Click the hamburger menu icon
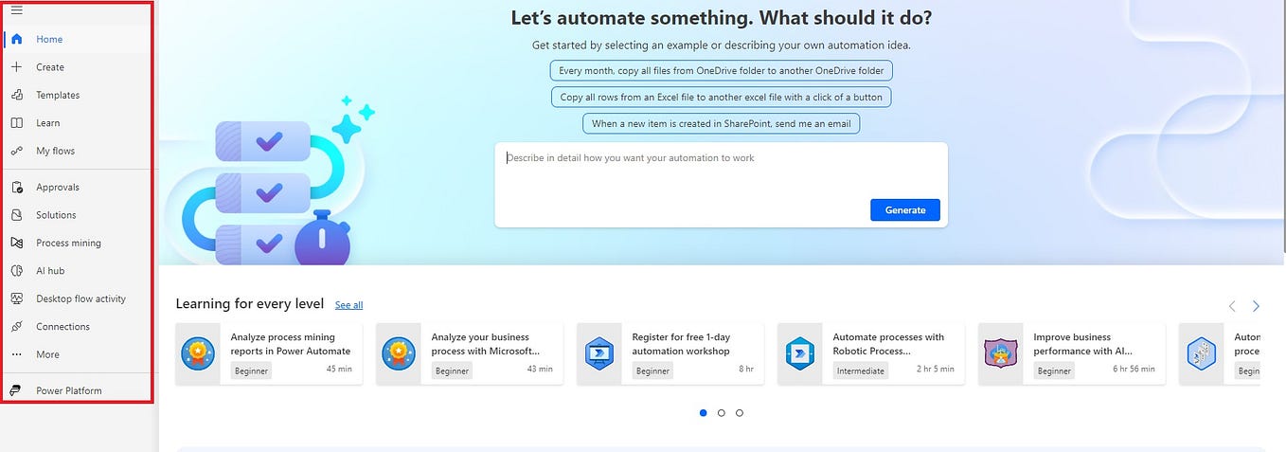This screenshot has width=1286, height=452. tap(17, 10)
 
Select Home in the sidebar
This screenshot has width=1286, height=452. tap(49, 39)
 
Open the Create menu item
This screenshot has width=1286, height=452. tap(50, 67)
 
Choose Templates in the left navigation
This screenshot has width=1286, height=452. tap(58, 95)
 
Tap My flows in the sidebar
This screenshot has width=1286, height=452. tap(55, 151)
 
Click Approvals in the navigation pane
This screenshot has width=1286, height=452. tap(58, 188)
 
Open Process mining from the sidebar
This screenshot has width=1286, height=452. tap(68, 243)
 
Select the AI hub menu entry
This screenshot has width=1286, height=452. tap(50, 270)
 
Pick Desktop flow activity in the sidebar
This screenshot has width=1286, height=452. tap(80, 298)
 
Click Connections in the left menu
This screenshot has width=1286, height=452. tap(63, 326)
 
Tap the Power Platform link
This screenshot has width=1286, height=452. tap(68, 390)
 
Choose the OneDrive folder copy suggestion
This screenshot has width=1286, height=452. tap(721, 71)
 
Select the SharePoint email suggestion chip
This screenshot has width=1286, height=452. tap(721, 123)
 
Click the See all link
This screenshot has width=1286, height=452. tap(349, 305)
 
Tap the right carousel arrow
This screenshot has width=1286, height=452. tap(1256, 306)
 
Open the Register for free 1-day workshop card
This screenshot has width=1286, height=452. tap(670, 353)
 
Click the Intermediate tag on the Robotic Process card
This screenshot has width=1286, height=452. tap(860, 371)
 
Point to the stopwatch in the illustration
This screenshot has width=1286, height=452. tap(322, 239)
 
